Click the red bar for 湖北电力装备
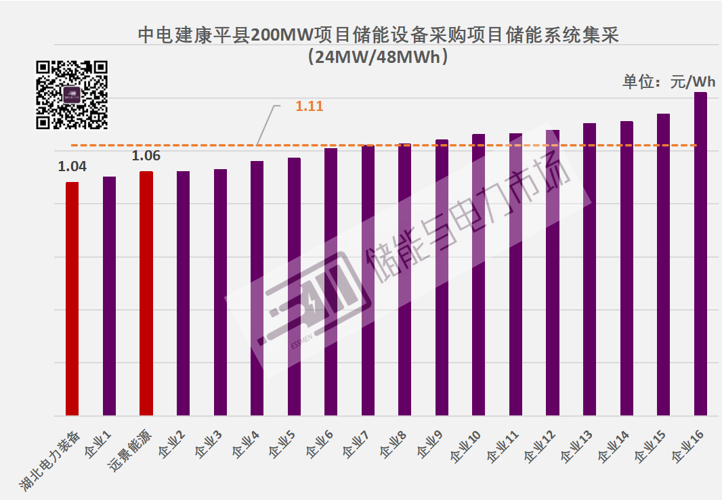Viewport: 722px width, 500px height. point(72,298)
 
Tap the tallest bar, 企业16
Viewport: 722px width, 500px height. point(700,254)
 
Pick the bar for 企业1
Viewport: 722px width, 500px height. point(109,296)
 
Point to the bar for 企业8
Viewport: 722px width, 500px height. point(404,279)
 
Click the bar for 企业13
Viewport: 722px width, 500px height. point(589,269)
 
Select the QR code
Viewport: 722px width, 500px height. point(72,95)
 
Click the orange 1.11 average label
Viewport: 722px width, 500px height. point(310,106)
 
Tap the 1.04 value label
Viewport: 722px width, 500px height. point(72,166)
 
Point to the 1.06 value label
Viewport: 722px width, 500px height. point(146,156)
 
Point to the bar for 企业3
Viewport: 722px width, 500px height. point(220,292)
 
